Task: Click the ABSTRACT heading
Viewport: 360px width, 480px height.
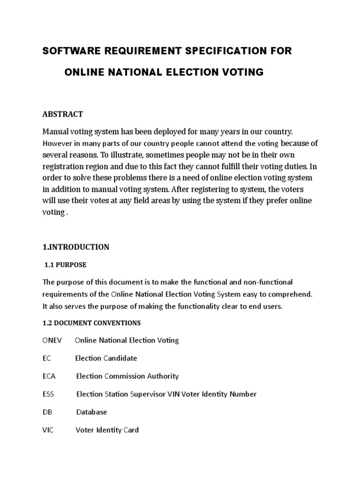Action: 63,114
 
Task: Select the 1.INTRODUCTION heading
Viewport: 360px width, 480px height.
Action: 76,247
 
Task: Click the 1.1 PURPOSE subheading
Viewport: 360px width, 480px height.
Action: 65,265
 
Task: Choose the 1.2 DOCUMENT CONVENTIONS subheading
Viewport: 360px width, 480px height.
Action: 91,323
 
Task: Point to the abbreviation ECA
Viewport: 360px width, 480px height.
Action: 49,376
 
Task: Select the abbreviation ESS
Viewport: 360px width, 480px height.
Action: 48,394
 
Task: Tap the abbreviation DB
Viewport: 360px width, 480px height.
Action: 47,412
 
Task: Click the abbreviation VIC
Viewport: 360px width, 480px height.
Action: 48,430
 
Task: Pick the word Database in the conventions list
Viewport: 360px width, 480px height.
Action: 91,412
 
